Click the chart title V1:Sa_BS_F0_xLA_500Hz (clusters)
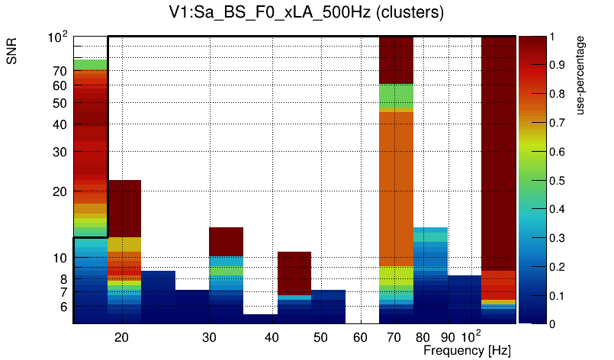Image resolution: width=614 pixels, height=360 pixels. coord(307,13)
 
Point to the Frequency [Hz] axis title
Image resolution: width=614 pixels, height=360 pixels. coord(466,350)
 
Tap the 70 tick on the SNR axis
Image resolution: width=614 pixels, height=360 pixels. coord(59,72)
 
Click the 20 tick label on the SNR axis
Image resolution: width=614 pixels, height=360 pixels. coord(59,191)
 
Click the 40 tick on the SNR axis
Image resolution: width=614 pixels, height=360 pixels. coord(59,124)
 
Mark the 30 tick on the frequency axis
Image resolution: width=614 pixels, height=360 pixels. coord(211,336)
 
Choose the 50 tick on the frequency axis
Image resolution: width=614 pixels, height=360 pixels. coord(320,336)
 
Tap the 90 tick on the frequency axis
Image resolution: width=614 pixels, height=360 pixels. coord(448,336)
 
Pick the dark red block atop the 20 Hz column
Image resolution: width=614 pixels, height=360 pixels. coord(124,208)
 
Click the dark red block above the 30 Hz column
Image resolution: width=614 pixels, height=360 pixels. coord(226,241)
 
